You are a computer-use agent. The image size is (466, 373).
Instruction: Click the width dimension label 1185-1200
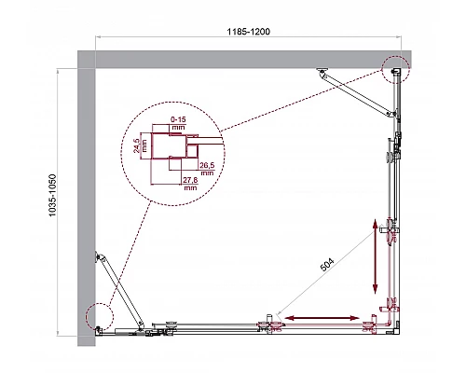(252, 31)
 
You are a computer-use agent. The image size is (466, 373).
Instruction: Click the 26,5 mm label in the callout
(207, 168)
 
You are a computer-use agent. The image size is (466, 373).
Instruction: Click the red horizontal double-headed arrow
(322, 319)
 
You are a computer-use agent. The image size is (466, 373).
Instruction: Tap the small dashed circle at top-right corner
(394, 69)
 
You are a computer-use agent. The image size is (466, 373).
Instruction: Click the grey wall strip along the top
(233, 60)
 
